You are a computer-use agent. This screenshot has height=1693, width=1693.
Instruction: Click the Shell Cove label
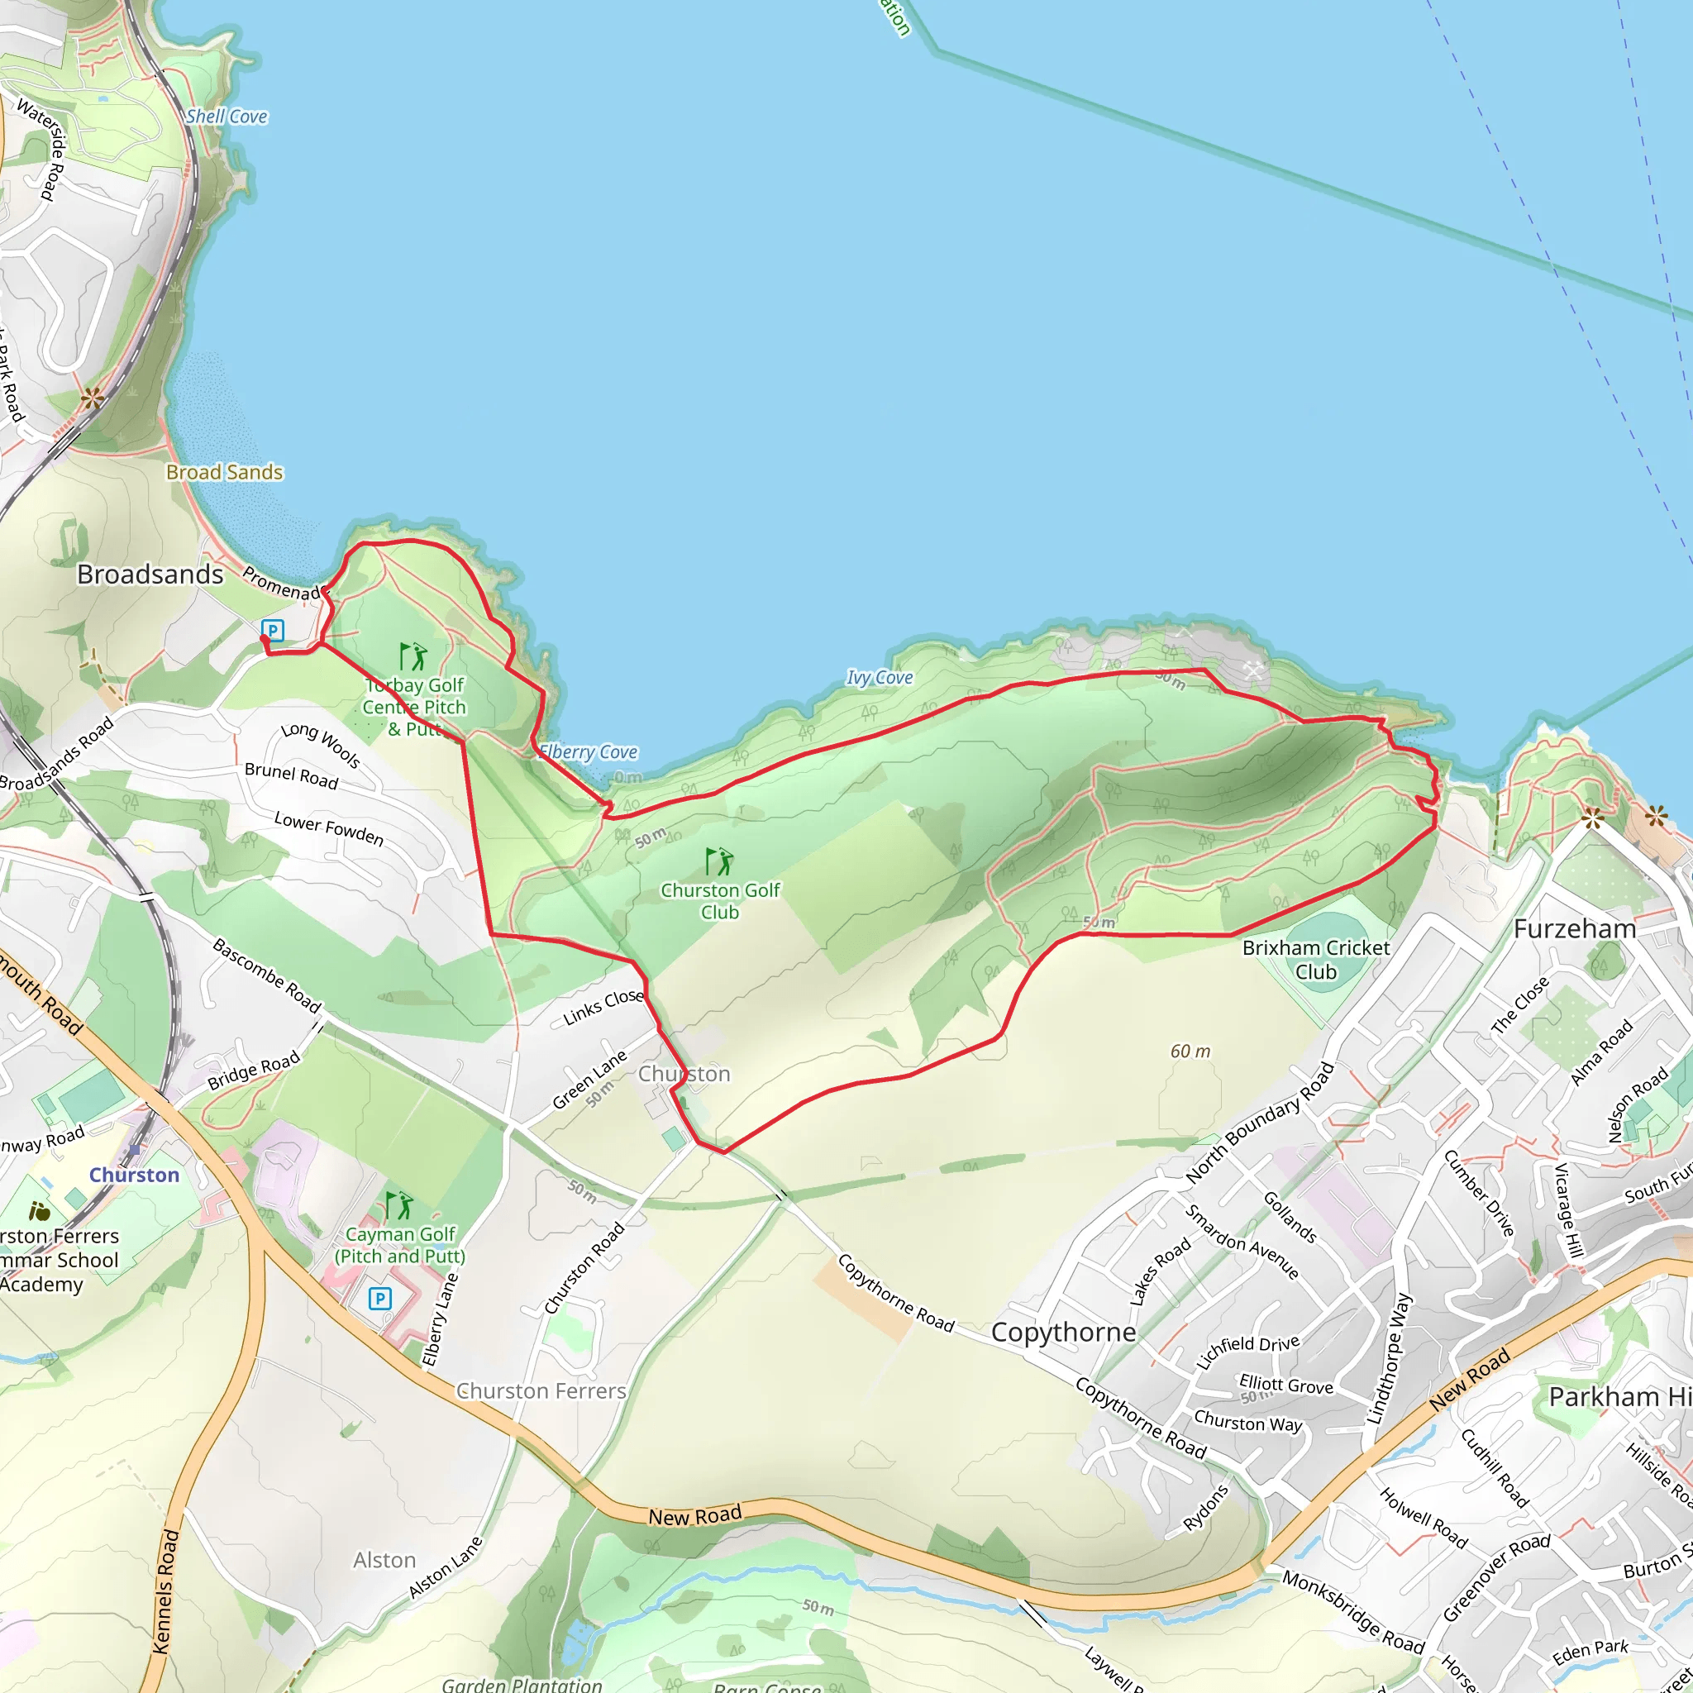[x=226, y=117]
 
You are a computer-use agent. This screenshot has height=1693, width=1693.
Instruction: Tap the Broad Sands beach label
[x=224, y=472]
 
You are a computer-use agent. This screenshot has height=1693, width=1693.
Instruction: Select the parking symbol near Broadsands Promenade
[x=273, y=630]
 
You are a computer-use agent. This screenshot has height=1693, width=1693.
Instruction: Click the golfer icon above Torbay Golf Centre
[x=413, y=656]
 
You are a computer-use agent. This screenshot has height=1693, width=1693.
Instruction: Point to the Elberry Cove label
[x=588, y=752]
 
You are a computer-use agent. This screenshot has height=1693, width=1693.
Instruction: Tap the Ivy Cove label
[x=879, y=677]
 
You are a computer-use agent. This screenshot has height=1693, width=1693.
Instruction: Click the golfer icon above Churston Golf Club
[x=719, y=862]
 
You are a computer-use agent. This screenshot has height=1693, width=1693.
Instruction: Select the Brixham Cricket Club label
[x=1315, y=960]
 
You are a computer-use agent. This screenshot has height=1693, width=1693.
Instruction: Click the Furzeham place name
[x=1575, y=929]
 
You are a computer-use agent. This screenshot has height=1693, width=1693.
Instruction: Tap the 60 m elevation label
[x=1190, y=1052]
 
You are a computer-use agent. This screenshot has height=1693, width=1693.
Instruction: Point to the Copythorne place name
[x=1063, y=1332]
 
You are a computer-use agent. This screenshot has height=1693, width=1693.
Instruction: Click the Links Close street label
[x=603, y=1008]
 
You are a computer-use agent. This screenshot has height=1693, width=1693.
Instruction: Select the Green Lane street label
[x=589, y=1080]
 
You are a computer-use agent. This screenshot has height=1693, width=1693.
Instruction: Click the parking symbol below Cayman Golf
[x=379, y=1299]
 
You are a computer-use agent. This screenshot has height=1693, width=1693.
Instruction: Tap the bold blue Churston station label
[x=134, y=1176]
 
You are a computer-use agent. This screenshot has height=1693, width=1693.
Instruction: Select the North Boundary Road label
[x=1259, y=1123]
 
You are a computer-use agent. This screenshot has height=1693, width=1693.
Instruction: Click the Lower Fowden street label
[x=329, y=829]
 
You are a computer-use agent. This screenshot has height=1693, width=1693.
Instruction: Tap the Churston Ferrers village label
[x=541, y=1391]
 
